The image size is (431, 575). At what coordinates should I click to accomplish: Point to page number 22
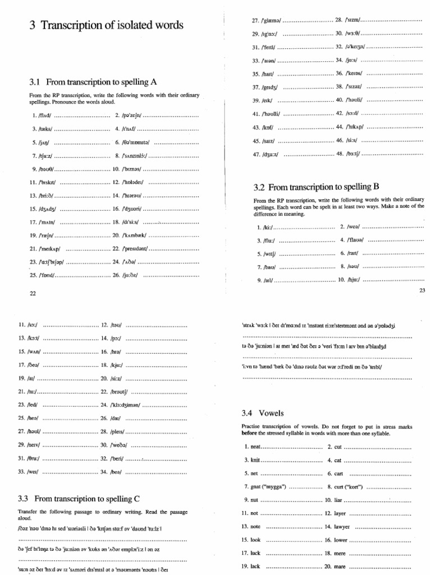click(32, 293)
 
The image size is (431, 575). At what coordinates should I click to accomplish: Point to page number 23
click(423, 290)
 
